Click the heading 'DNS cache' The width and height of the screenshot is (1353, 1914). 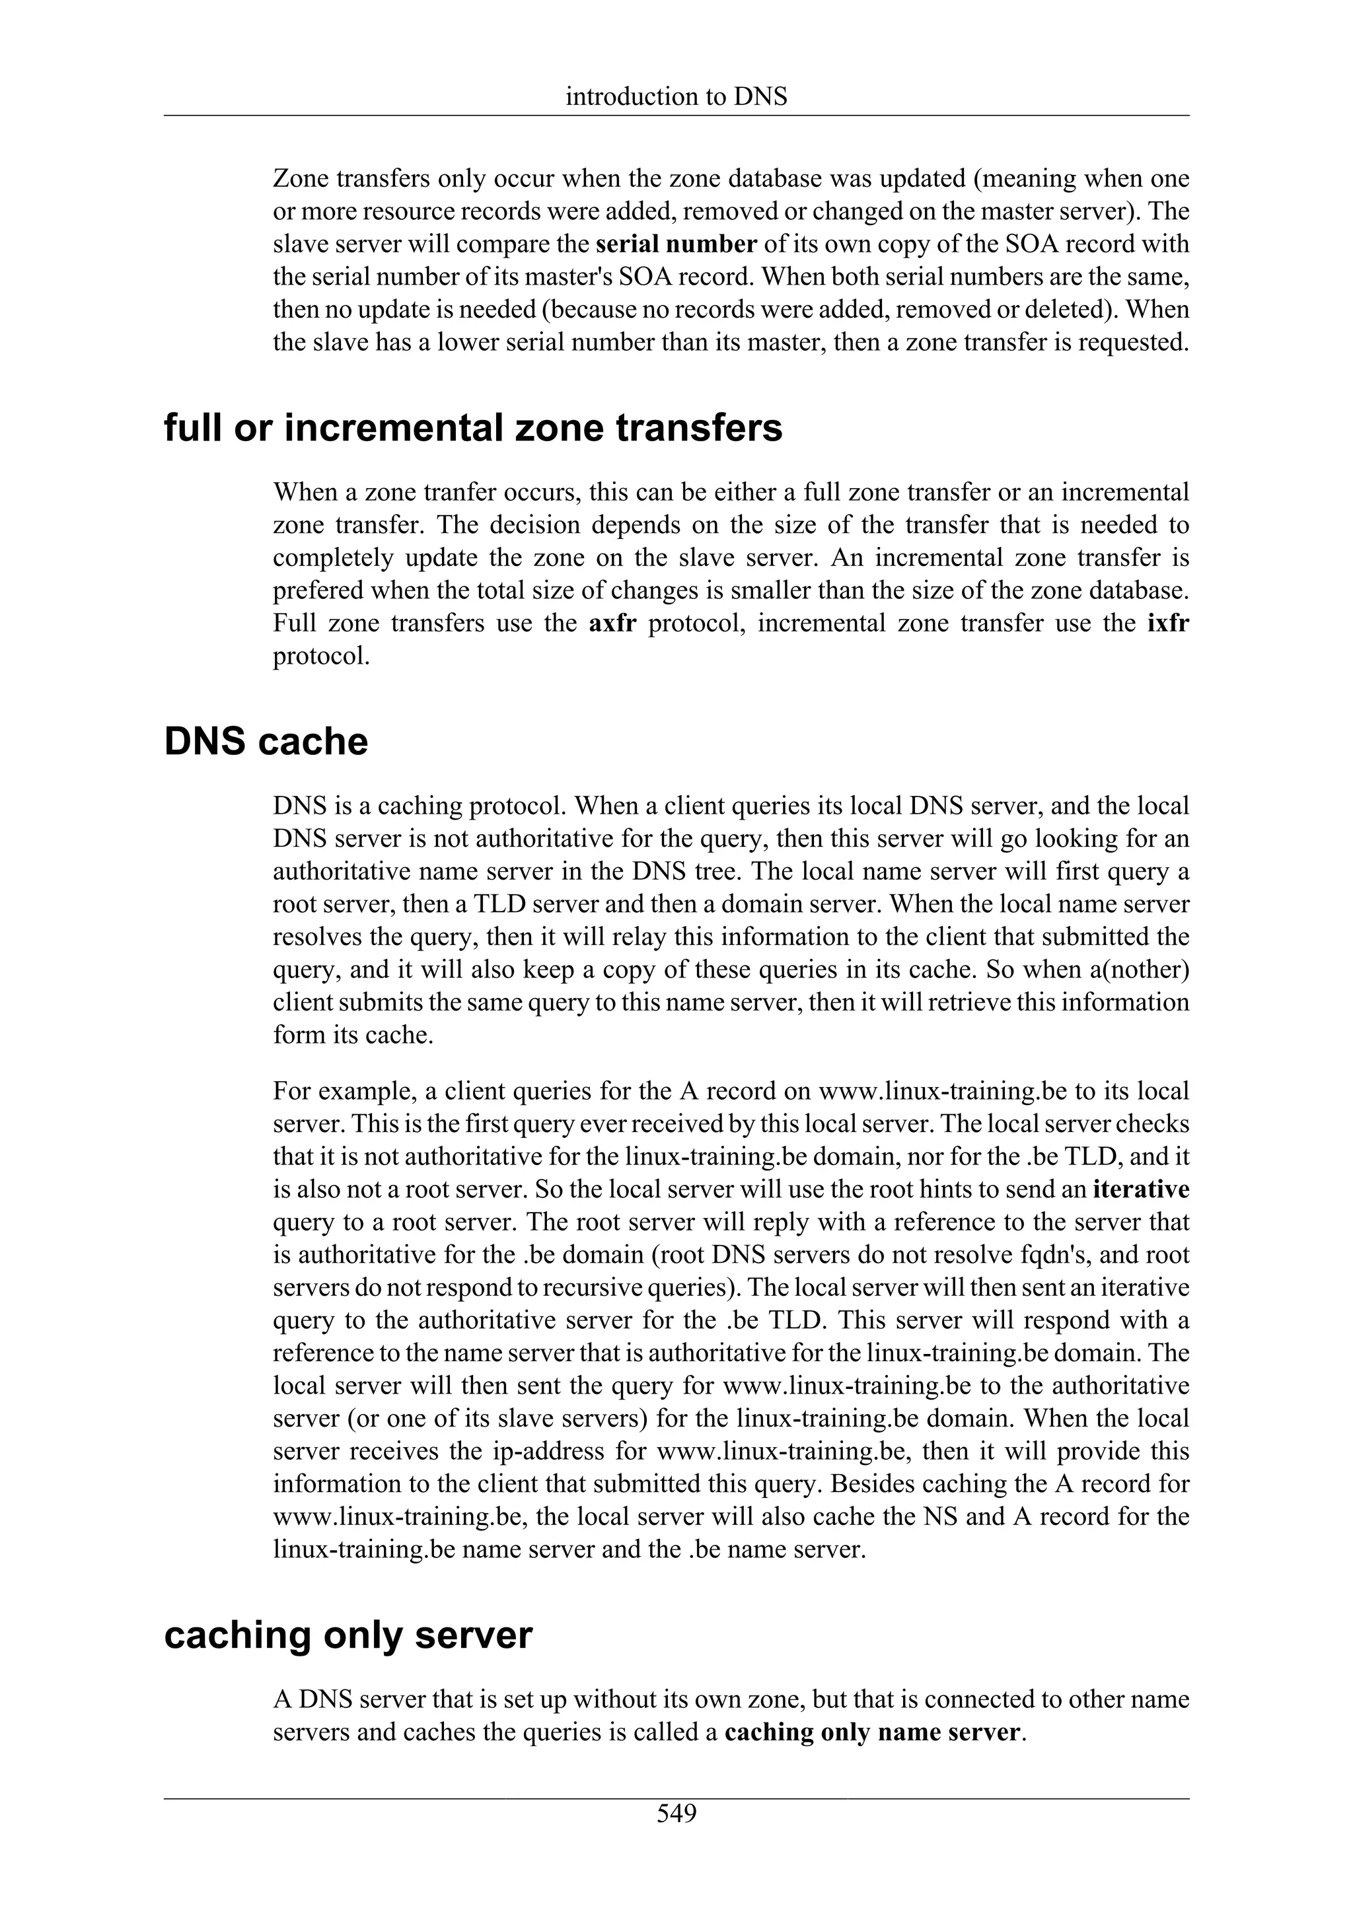click(x=266, y=742)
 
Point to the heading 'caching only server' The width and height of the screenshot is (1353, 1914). click(x=347, y=1635)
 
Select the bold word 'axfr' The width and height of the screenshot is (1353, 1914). click(x=612, y=623)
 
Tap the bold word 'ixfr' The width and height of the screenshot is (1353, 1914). click(x=1167, y=623)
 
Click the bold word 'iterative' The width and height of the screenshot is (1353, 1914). click(x=1140, y=1189)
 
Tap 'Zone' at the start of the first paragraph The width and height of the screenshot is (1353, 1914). click(x=302, y=179)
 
